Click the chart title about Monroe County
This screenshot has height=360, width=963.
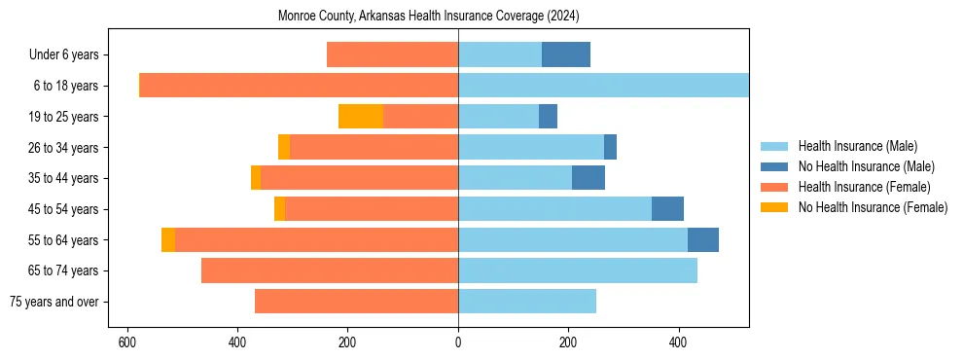[428, 17]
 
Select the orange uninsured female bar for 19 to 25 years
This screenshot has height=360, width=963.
[360, 117]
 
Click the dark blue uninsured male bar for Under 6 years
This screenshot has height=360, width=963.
[565, 54]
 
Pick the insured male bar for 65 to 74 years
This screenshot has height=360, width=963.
[577, 270]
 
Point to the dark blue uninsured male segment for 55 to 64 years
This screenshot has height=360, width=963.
[702, 239]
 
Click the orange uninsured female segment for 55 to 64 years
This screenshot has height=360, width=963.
[168, 239]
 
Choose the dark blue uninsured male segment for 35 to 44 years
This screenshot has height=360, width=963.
[588, 178]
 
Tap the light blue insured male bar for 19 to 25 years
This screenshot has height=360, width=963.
[498, 117]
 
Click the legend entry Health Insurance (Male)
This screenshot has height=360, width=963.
[857, 146]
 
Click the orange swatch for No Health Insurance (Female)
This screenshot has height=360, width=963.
[774, 207]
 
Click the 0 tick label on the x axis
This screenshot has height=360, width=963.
[458, 342]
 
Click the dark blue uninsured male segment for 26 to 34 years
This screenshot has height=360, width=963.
[610, 147]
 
